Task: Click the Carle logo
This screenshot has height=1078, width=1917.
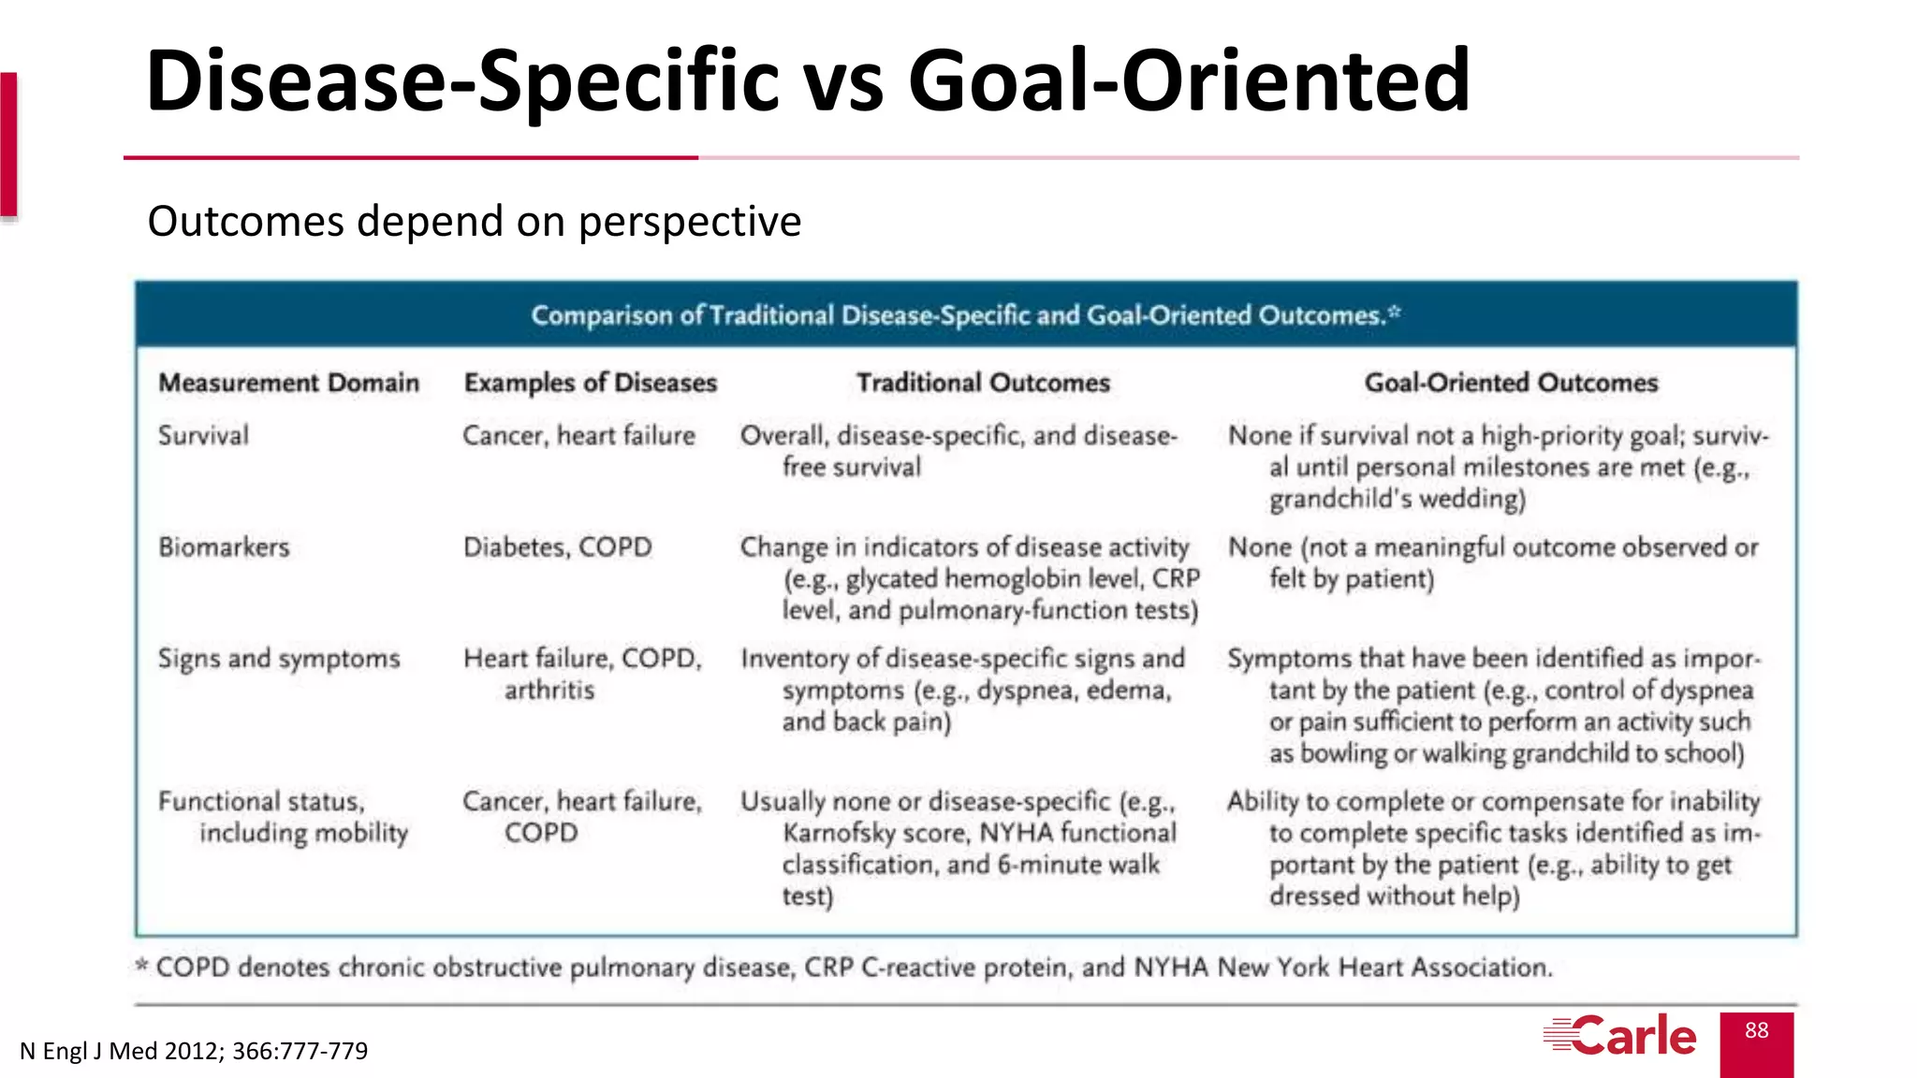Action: (x=1619, y=1037)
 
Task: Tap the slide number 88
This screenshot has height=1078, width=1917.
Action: (x=1756, y=1030)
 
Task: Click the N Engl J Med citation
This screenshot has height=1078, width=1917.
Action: (x=194, y=1051)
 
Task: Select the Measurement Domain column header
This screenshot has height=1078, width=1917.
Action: (x=288, y=383)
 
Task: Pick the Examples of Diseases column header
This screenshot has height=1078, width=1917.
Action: (x=590, y=383)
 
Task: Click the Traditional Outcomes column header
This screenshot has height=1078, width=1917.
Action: (x=983, y=383)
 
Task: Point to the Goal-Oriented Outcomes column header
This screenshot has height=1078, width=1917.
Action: (x=1511, y=383)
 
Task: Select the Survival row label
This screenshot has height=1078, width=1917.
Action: (x=203, y=435)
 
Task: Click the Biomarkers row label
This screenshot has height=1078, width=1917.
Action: (x=224, y=546)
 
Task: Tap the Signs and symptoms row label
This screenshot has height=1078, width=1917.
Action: (x=279, y=659)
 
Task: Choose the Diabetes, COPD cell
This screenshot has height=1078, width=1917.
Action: (x=557, y=546)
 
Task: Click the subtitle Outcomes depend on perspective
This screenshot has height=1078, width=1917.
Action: (x=474, y=222)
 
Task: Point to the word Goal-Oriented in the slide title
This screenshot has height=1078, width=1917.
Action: (x=1189, y=81)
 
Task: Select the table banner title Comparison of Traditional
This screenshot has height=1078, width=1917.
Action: (x=964, y=315)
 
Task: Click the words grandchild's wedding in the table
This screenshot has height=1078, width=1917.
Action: (x=1397, y=499)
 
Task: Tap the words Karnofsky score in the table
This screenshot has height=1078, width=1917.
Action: (x=876, y=833)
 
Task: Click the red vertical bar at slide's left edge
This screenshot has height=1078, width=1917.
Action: (x=8, y=145)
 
